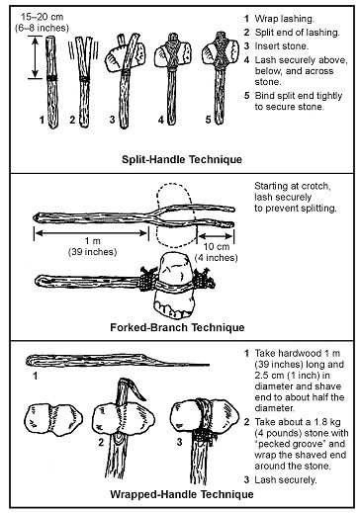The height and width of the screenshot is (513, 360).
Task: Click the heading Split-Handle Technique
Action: (x=182, y=159)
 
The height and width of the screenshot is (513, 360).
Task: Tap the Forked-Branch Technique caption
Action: (x=177, y=327)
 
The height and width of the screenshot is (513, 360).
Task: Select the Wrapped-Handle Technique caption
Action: (x=182, y=494)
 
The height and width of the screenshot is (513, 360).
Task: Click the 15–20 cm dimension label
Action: (x=42, y=17)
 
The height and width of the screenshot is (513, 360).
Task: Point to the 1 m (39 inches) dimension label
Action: (x=93, y=246)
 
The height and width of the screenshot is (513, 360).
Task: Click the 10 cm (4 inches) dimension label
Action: (x=217, y=252)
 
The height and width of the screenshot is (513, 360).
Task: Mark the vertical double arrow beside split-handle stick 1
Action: (x=35, y=57)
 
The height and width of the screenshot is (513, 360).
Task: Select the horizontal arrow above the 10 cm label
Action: (x=216, y=236)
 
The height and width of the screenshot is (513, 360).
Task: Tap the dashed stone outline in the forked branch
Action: (x=175, y=214)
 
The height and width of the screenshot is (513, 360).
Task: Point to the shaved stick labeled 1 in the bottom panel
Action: (x=117, y=360)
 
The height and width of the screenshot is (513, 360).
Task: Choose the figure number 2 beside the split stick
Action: (x=72, y=120)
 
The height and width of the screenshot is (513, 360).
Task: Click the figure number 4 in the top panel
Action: (x=161, y=120)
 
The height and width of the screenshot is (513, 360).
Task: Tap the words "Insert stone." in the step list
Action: (x=282, y=46)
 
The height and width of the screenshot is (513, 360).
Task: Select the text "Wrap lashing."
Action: (x=284, y=19)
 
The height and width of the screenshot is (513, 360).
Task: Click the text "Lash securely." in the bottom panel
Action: (x=286, y=479)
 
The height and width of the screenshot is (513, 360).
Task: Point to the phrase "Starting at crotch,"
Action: (x=293, y=186)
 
